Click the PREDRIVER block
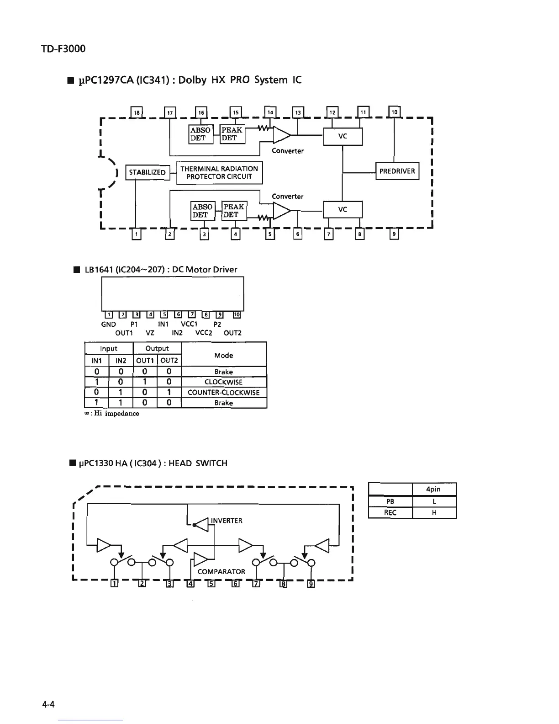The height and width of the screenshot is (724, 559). point(397,171)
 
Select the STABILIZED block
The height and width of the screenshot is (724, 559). point(147,172)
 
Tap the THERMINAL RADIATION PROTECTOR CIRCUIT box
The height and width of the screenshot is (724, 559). point(219,172)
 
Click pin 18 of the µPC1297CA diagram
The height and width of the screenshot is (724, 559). point(137,112)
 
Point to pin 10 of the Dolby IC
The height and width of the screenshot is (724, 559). point(394,112)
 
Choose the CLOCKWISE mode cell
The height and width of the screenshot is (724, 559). point(224,382)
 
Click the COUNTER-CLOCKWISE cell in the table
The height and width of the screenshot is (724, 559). point(224,392)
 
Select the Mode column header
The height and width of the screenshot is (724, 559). point(224,355)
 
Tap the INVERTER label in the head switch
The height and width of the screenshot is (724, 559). point(227,521)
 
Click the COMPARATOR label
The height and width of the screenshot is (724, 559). point(221,571)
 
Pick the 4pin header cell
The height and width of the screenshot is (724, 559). point(433,489)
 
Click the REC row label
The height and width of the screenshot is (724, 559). point(390,512)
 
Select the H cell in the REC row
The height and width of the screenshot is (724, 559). point(434,512)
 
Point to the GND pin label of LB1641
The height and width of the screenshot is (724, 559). point(108,324)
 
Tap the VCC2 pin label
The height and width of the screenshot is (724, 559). point(204,333)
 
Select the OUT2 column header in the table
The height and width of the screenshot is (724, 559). point(169,361)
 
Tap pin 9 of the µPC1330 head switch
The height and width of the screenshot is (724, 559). point(311,584)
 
